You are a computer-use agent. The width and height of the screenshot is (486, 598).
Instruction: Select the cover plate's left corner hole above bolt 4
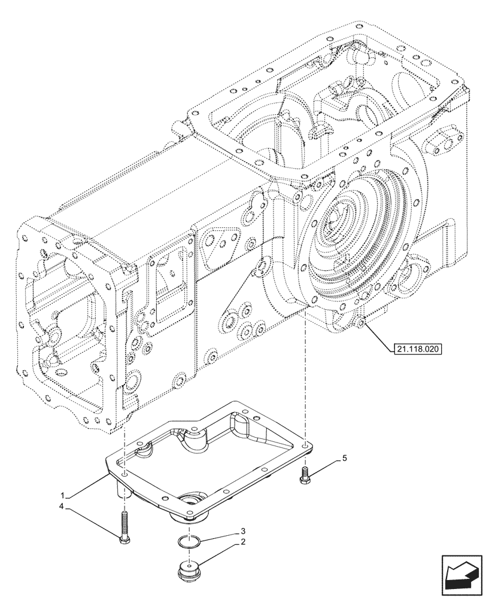click(123, 474)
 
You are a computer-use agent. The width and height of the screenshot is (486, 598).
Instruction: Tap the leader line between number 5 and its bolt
click(323, 466)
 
